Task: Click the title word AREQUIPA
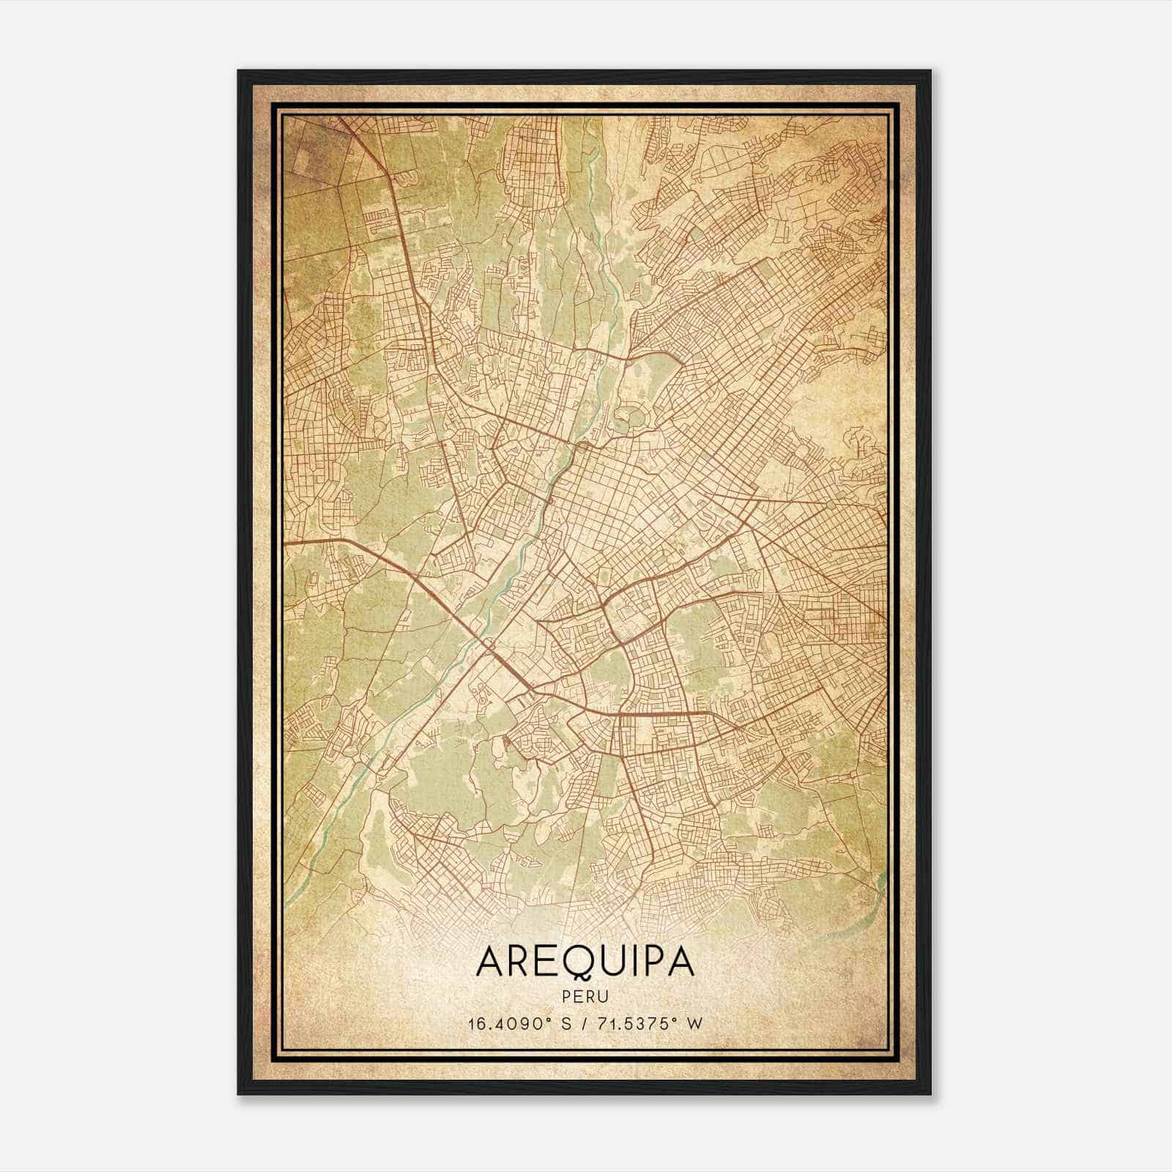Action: point(585,961)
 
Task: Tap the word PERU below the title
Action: point(585,996)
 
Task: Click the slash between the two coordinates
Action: point(581,1023)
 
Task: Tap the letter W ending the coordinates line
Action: point(695,1023)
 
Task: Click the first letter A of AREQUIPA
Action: point(489,962)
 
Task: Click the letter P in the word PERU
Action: point(569,996)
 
